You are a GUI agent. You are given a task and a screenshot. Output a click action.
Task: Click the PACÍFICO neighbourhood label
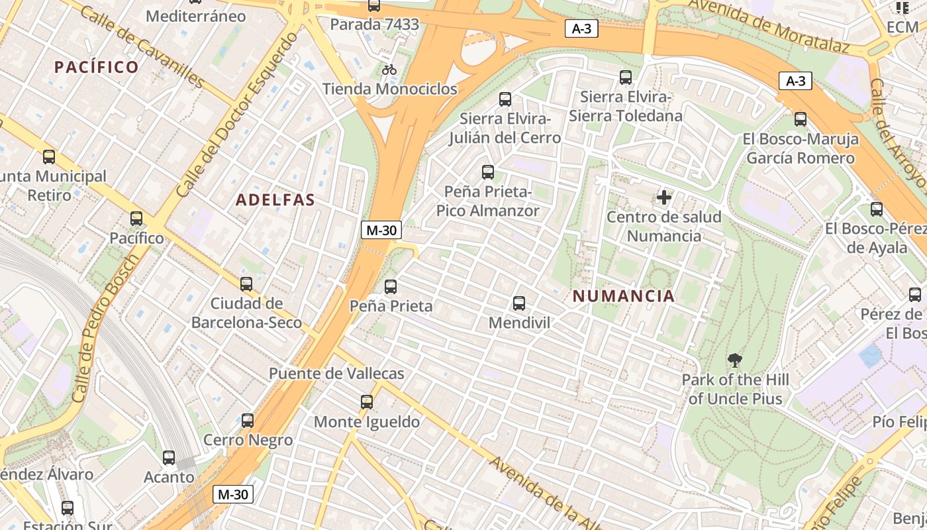(x=97, y=67)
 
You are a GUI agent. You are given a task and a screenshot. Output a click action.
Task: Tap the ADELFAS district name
(x=275, y=199)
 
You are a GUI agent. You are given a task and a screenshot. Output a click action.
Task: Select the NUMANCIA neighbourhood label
(x=624, y=296)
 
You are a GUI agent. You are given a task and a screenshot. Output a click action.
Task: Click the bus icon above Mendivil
(x=519, y=303)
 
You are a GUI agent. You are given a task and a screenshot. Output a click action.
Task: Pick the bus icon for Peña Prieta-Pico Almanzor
(x=488, y=172)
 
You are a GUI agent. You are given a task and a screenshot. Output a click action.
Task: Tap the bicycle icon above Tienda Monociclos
(x=389, y=70)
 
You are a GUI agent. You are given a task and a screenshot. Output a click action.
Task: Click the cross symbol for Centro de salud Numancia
(x=664, y=197)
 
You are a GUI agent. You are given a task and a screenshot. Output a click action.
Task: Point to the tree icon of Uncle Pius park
(x=734, y=361)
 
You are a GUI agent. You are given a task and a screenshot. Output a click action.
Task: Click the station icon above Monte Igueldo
(x=367, y=402)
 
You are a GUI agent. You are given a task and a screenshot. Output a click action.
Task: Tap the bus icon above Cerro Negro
(x=248, y=421)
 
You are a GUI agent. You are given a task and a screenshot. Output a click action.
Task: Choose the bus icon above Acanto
(x=169, y=458)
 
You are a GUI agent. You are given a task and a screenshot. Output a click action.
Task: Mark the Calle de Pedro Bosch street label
(x=105, y=328)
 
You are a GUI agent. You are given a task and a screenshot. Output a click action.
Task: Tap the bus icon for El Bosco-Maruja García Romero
(x=801, y=119)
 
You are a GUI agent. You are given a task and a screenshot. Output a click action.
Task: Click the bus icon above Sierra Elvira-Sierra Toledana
(x=626, y=78)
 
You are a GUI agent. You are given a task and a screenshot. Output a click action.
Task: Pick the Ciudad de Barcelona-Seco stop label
(x=246, y=313)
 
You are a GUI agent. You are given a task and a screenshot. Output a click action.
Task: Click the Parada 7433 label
(x=375, y=25)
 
